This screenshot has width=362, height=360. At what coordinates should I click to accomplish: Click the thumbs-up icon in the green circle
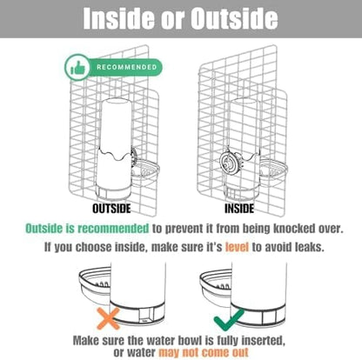coord(77,68)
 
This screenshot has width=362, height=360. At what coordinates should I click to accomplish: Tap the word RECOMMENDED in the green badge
coord(127,67)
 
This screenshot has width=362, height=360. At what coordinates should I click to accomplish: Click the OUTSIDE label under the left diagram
coord(111,209)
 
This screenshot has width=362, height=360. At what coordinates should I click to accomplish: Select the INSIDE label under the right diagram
coord(239,209)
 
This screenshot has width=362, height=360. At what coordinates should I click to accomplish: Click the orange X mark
coord(108,318)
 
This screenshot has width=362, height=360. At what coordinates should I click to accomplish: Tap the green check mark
coord(229,319)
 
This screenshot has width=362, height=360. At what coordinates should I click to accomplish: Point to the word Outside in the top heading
coord(234,18)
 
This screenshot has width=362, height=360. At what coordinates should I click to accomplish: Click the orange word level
coord(237,247)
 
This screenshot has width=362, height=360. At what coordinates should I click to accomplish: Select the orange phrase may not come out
coord(204,352)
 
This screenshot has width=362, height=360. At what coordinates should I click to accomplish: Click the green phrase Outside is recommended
coord(87,229)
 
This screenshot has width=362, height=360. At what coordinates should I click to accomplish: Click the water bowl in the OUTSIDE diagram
coord(145,173)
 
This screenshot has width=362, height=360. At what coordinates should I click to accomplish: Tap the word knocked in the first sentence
coord(294,229)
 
